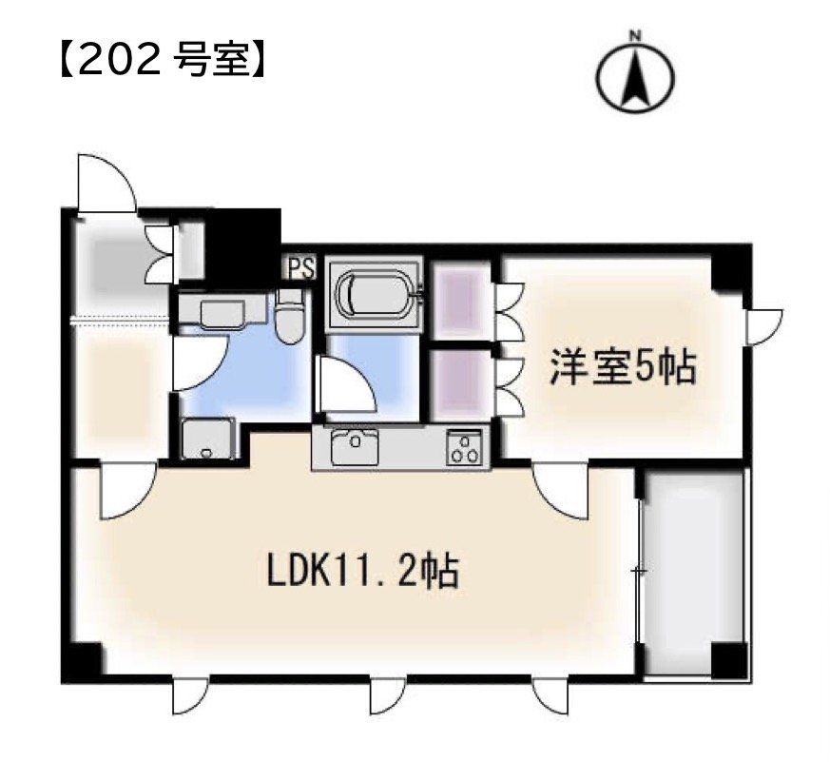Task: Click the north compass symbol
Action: [635, 75]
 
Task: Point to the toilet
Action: [290, 319]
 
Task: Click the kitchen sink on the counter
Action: [356, 445]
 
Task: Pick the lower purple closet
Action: [459, 384]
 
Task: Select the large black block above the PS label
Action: [244, 241]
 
